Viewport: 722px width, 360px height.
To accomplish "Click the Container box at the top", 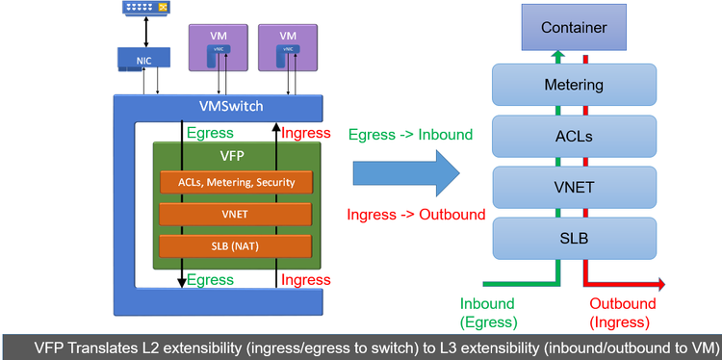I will pyautogui.click(x=574, y=27).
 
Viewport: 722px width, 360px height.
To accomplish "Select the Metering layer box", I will pyautogui.click(x=574, y=85).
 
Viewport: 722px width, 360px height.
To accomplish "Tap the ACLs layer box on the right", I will pyautogui.click(x=574, y=136).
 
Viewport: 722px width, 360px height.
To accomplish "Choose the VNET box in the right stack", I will pyautogui.click(x=574, y=186).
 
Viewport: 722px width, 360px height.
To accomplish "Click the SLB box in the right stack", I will pyautogui.click(x=574, y=237).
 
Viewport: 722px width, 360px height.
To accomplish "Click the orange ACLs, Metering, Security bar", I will pyautogui.click(x=236, y=182).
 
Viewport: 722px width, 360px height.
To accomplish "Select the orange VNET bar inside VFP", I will pyautogui.click(x=236, y=214).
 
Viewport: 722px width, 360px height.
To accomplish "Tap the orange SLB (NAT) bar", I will pyautogui.click(x=236, y=245).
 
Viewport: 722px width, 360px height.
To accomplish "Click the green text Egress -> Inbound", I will pyautogui.click(x=410, y=135).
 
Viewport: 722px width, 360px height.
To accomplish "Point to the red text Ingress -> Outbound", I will pyautogui.click(x=416, y=215).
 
